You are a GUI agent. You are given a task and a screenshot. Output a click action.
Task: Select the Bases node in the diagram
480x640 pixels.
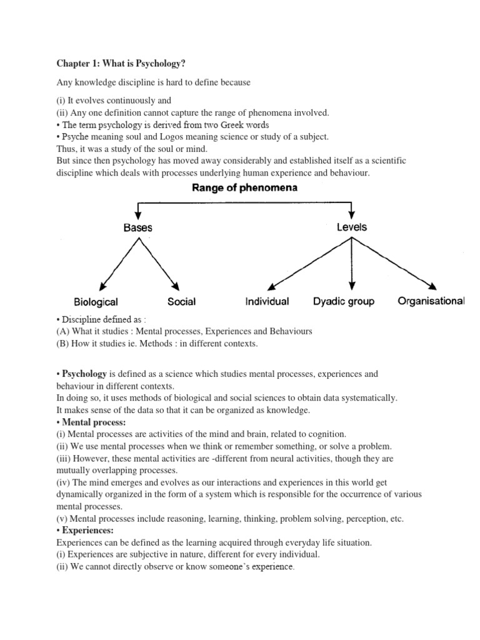(137, 227)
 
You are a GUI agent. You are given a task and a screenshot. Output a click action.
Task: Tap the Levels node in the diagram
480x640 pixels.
(352, 227)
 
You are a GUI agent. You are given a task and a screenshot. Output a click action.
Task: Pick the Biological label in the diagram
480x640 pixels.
(96, 302)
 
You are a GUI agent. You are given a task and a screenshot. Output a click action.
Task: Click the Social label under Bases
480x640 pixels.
(181, 302)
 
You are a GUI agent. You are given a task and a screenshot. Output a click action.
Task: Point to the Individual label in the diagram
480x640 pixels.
(267, 301)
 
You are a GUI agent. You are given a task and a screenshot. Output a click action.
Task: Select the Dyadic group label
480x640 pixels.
(343, 301)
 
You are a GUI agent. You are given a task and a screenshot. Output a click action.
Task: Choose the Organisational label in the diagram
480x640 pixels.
(431, 301)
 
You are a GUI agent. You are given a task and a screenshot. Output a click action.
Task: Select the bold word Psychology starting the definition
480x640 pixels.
(84, 374)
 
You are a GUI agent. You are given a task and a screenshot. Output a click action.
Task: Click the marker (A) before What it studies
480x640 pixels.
(62, 331)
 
